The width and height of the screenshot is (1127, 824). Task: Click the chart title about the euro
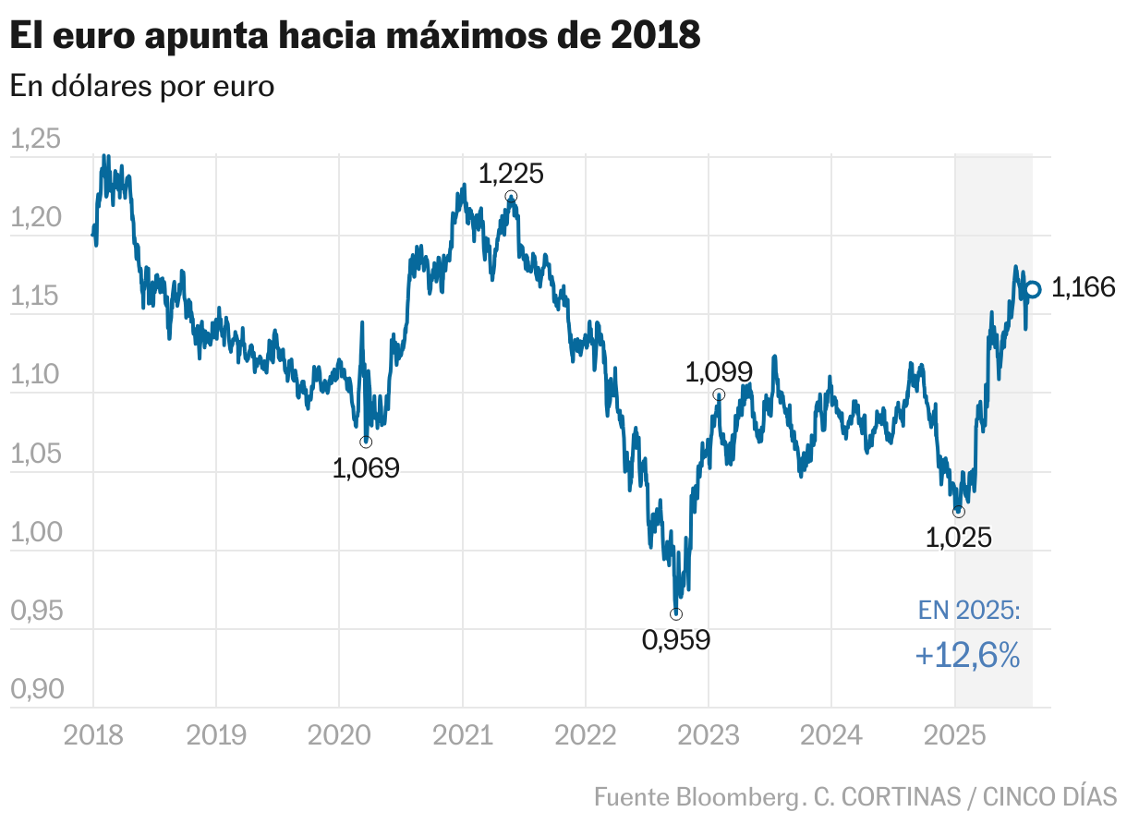point(355,36)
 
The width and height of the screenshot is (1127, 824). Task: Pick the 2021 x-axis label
point(462,735)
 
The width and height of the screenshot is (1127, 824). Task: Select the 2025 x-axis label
point(954,735)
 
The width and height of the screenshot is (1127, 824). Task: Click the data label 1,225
point(511,173)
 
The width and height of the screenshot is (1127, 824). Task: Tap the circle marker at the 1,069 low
point(366,442)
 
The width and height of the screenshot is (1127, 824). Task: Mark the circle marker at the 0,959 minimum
point(676,614)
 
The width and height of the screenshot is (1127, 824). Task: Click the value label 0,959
point(676,639)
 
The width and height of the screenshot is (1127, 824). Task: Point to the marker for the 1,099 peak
point(719,394)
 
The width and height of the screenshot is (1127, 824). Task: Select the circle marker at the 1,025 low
point(959,512)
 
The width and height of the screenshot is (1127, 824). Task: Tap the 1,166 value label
point(1084,288)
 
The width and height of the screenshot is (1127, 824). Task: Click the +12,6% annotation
point(967,656)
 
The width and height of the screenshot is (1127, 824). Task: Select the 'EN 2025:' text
point(969,611)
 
